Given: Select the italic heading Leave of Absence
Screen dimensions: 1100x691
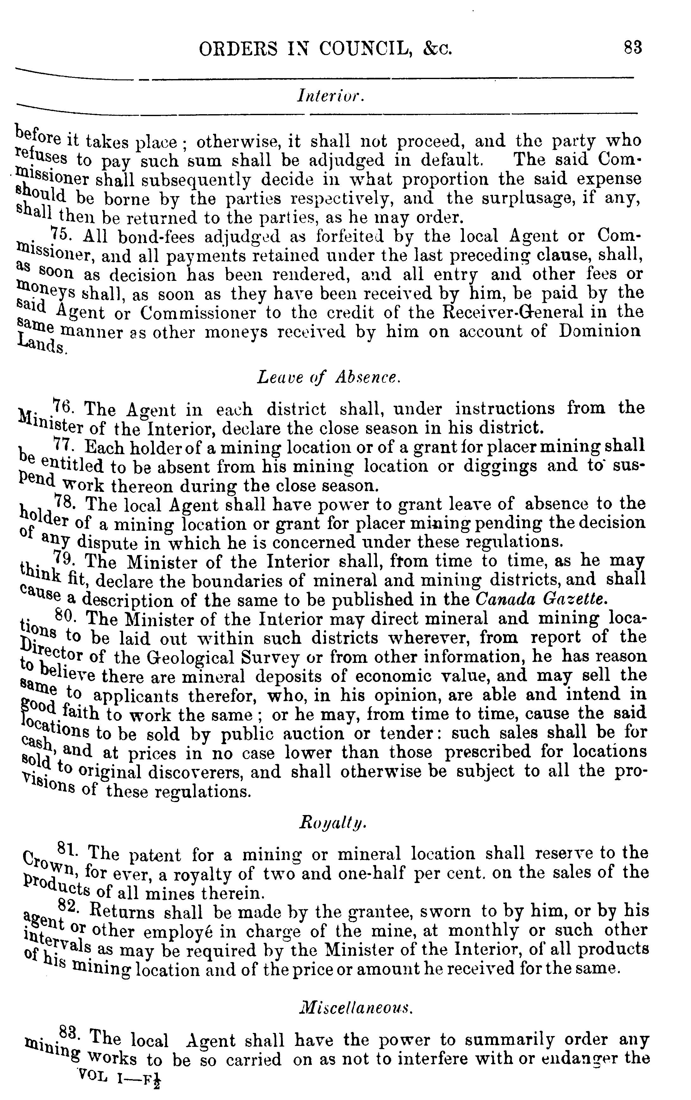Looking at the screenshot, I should [329, 377].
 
